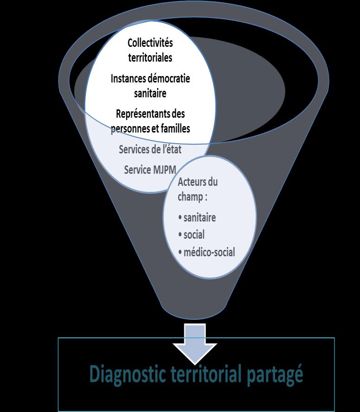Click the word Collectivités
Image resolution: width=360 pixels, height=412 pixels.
[x=150, y=44]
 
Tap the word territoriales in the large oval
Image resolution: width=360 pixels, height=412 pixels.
[x=150, y=58]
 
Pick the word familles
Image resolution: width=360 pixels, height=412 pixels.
[x=174, y=128]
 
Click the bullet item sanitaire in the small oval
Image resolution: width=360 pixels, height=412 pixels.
[x=199, y=217]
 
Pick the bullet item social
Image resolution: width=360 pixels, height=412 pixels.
[x=193, y=235]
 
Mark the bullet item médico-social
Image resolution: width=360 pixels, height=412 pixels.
[x=209, y=252]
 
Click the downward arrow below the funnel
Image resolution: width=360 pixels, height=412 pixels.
[x=194, y=345]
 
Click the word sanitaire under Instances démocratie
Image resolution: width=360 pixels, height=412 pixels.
[x=150, y=93]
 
